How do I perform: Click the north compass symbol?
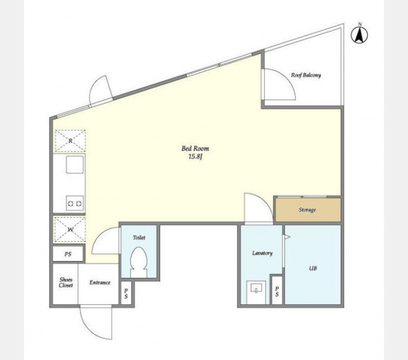[x=359, y=34]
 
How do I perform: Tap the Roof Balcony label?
[x=306, y=75]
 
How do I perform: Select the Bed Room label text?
[x=195, y=148]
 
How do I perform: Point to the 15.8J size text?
[x=195, y=157]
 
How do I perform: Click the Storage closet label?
[x=307, y=210]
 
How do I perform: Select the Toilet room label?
[x=139, y=237]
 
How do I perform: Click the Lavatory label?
[x=262, y=253]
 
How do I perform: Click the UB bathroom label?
[x=313, y=268]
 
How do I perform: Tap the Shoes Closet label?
[x=66, y=282]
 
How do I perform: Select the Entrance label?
[x=100, y=282]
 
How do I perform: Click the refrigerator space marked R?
[x=70, y=141]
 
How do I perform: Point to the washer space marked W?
[x=69, y=229]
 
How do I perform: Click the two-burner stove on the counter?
[x=74, y=203]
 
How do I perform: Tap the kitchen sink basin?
[x=75, y=165]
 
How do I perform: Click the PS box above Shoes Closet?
[x=68, y=254]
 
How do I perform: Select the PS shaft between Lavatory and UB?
[x=277, y=290]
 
